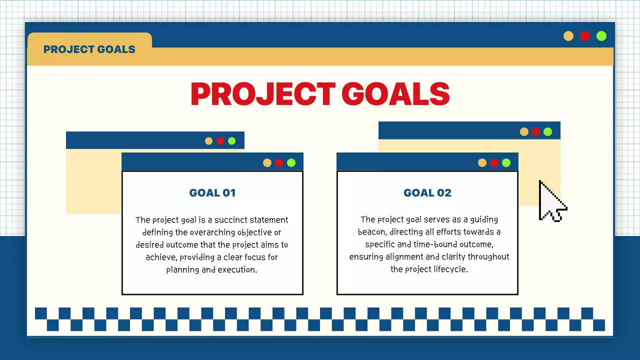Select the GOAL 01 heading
[212, 193]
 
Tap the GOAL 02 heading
[427, 193]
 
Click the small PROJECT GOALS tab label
[89, 49]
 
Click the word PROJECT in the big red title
[262, 93]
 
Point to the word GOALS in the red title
[395, 93]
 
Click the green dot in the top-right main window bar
[601, 36]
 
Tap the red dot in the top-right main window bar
[585, 36]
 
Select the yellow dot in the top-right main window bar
[568, 36]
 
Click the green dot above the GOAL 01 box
[291, 162]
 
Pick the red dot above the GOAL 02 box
[494, 162]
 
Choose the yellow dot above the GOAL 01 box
[267, 162]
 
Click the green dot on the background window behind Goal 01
[231, 141]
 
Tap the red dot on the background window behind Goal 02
[535, 131]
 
